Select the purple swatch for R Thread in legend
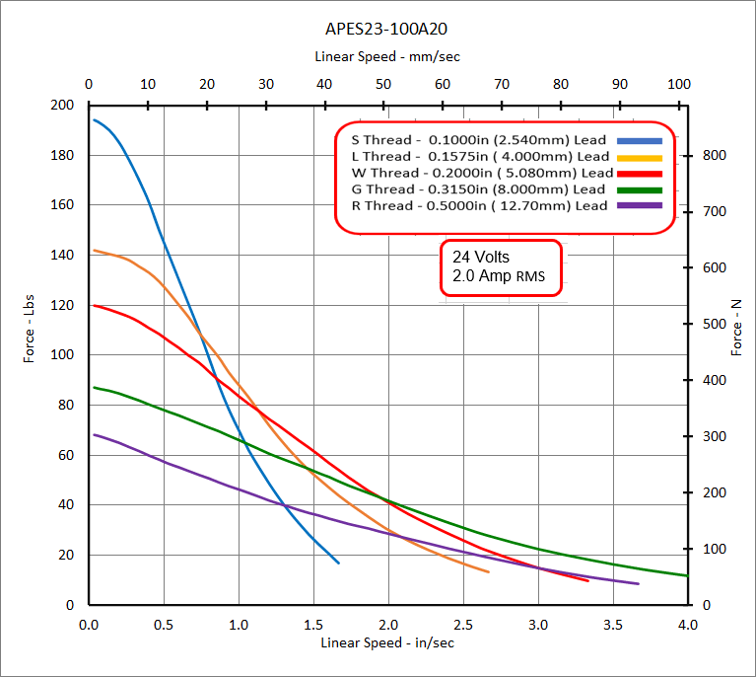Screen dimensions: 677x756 pos(639,205)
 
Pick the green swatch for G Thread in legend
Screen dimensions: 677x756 pos(639,188)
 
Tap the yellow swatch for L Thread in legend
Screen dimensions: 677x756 pos(639,156)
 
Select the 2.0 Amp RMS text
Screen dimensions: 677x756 pos(498,276)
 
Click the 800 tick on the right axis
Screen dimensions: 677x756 pos(713,156)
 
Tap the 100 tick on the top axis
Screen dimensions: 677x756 pos(678,84)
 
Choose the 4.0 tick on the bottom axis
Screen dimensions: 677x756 pos(687,624)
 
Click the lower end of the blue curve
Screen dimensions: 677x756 pos(338,563)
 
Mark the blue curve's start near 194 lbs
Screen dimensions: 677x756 pos(95,120)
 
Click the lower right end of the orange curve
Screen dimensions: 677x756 pos(488,571)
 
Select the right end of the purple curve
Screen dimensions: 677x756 pos(638,583)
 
